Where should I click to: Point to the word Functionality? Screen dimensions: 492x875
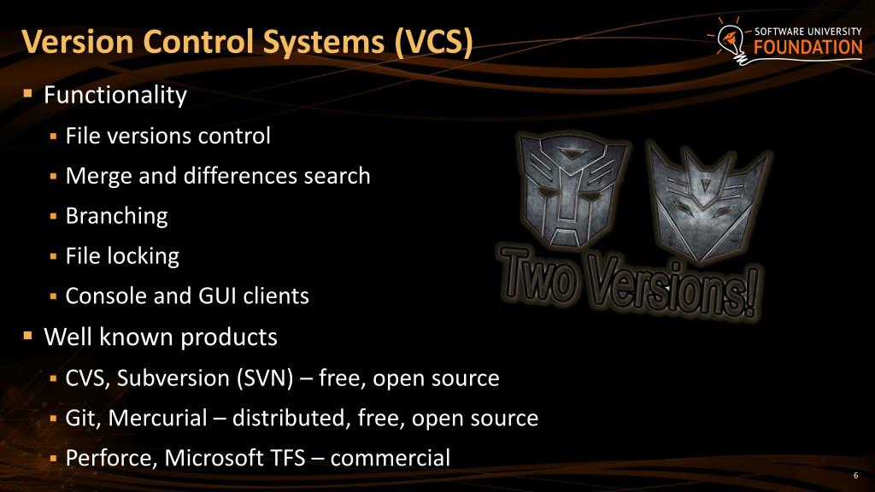[x=115, y=95]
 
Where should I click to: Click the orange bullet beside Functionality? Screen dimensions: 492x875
[x=27, y=92]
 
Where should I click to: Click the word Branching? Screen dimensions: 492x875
[x=116, y=216]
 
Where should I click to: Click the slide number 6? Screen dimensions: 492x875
[x=855, y=476]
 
